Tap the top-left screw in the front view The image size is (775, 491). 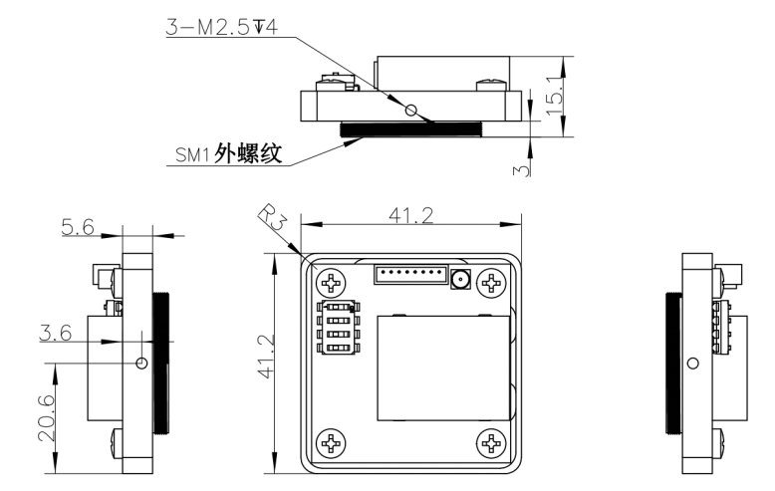tap(330, 283)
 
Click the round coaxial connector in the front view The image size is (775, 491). tap(460, 280)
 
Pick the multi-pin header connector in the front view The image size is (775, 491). tap(409, 273)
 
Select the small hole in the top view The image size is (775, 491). tap(410, 105)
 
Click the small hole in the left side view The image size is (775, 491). tap(141, 364)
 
